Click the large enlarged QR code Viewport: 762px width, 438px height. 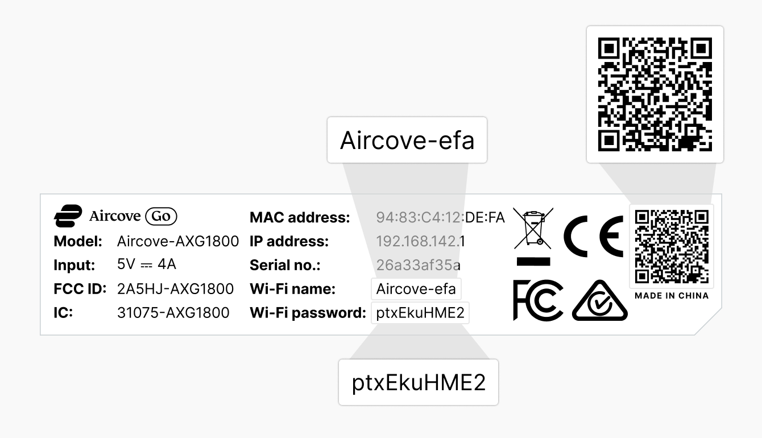coord(655,94)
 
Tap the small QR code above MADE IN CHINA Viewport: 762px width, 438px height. coord(672,246)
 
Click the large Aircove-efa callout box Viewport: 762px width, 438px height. coord(407,140)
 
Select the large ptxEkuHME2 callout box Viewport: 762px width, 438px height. coord(419,382)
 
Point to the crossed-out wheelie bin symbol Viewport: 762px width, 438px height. coord(533,236)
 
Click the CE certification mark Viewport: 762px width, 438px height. coord(593,236)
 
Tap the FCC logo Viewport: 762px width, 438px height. coord(538,300)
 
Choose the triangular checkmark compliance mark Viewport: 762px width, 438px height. coord(599,300)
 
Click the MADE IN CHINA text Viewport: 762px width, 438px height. coord(672,296)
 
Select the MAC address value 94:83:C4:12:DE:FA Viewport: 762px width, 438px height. coord(440,217)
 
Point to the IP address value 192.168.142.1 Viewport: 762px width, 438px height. coord(420,241)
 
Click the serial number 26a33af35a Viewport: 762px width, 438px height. coord(418,265)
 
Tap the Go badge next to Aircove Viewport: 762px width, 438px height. coord(161,216)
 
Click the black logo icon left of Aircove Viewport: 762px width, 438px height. coord(68,216)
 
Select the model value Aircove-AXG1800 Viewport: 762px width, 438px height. coord(178,241)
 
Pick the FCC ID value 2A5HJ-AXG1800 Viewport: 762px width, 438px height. coord(175,289)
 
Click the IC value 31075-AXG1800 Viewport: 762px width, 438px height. coord(173,313)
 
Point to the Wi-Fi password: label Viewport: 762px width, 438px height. coord(308,313)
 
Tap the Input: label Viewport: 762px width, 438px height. coord(74,266)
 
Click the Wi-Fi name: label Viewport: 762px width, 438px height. coord(292,289)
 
